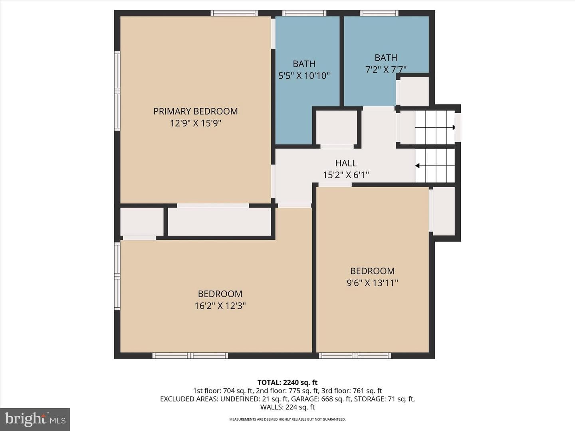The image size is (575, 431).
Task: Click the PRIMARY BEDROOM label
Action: [x=195, y=111]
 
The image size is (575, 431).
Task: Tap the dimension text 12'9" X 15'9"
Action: [x=196, y=123]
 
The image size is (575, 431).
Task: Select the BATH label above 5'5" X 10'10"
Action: [x=304, y=64]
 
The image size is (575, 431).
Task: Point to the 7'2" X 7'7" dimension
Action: [x=386, y=69]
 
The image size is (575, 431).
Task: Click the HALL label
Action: [x=346, y=163]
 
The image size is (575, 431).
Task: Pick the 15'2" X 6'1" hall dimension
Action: [x=346, y=175]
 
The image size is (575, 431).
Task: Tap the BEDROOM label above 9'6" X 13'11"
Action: [x=372, y=271]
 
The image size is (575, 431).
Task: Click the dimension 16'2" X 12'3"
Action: [x=220, y=306]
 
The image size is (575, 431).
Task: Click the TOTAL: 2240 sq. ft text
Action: [x=287, y=383]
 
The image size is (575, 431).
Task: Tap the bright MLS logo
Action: [x=35, y=419]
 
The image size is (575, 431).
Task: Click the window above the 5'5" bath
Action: [x=304, y=13]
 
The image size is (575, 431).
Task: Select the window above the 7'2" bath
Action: [x=379, y=13]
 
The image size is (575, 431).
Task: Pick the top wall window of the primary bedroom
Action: [x=234, y=13]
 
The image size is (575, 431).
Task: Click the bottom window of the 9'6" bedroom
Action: [x=355, y=356]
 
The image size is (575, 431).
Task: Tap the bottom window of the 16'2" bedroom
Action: [x=190, y=356]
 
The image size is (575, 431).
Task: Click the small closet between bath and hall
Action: [x=337, y=127]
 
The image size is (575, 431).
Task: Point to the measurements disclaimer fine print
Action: [x=287, y=419]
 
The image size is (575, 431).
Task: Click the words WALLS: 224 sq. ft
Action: [x=287, y=407]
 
